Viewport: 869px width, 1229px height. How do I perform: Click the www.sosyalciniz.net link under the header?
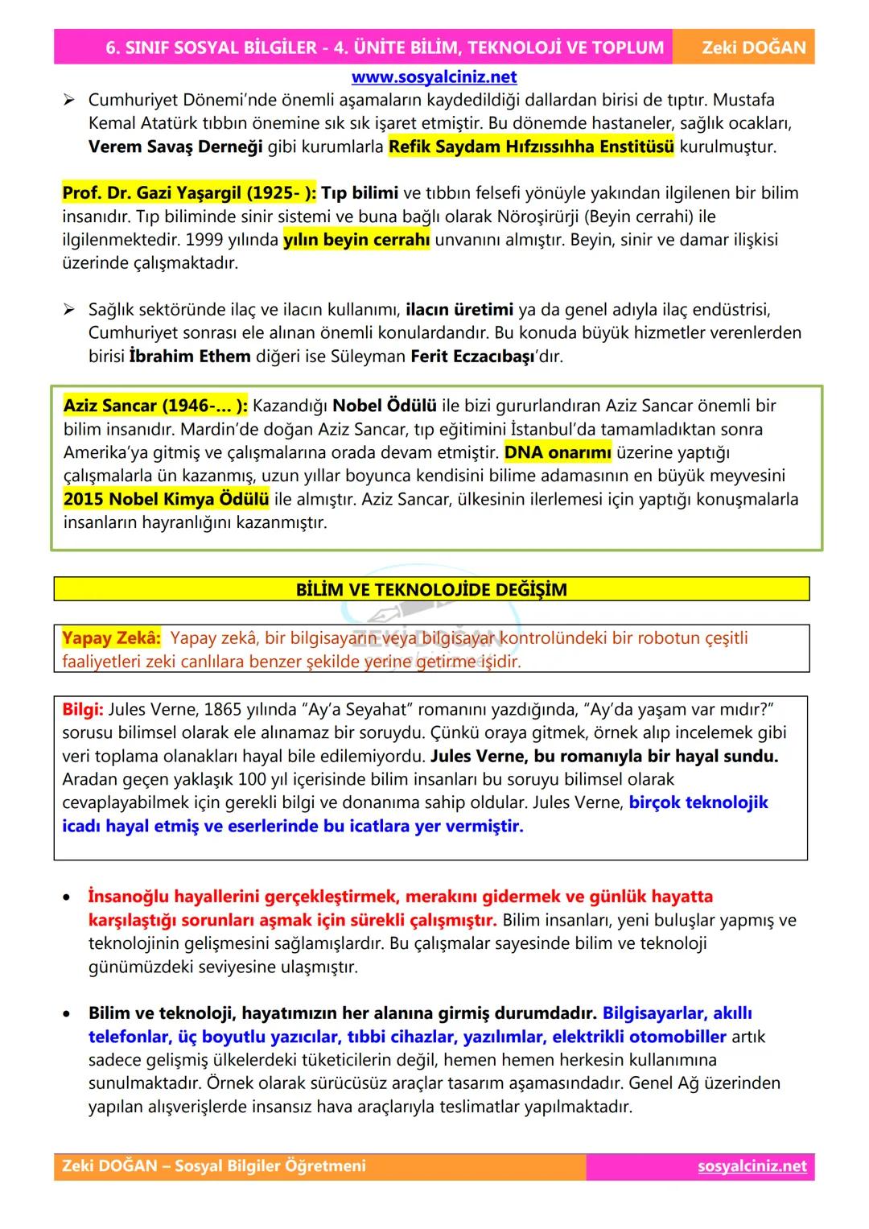(434, 77)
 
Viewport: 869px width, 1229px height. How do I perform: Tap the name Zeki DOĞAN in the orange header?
(753, 47)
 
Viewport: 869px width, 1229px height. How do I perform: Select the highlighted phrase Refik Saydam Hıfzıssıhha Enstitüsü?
(531, 147)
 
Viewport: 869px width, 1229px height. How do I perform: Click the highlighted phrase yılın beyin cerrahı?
(356, 240)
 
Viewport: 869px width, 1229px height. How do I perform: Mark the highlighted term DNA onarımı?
(558, 452)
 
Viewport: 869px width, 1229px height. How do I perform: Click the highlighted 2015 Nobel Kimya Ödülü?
(166, 499)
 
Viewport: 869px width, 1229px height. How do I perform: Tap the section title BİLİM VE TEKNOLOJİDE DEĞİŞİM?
(431, 589)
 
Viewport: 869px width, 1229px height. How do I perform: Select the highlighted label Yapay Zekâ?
(111, 638)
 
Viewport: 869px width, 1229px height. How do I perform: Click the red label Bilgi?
(82, 710)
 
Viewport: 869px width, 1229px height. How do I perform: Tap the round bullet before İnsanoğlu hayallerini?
(70, 897)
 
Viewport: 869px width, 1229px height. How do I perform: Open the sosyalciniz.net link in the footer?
(752, 1166)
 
